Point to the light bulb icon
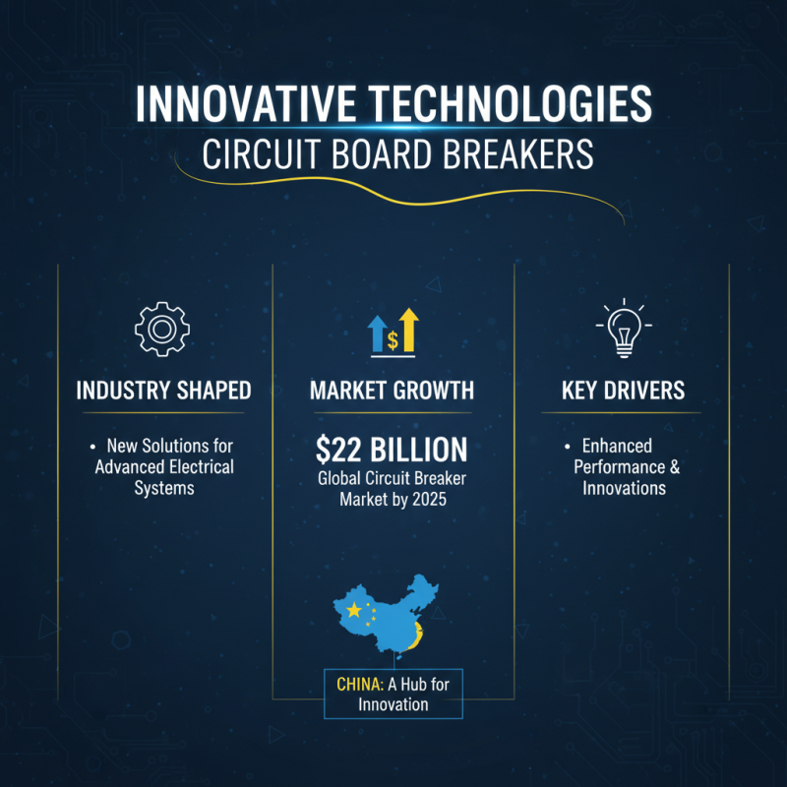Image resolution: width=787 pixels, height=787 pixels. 623,330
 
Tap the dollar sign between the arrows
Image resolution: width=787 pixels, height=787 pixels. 393,340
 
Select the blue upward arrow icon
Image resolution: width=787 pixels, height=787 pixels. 377,334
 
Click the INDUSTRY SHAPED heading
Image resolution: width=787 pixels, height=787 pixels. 163,391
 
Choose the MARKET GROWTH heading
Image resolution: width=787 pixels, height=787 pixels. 392,391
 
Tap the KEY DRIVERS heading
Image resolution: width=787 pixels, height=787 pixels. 623,391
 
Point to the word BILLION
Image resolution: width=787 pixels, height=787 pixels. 416,450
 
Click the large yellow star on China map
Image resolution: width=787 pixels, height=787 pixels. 354,611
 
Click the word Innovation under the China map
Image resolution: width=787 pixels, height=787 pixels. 393,704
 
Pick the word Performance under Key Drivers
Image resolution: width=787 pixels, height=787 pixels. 616,467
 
